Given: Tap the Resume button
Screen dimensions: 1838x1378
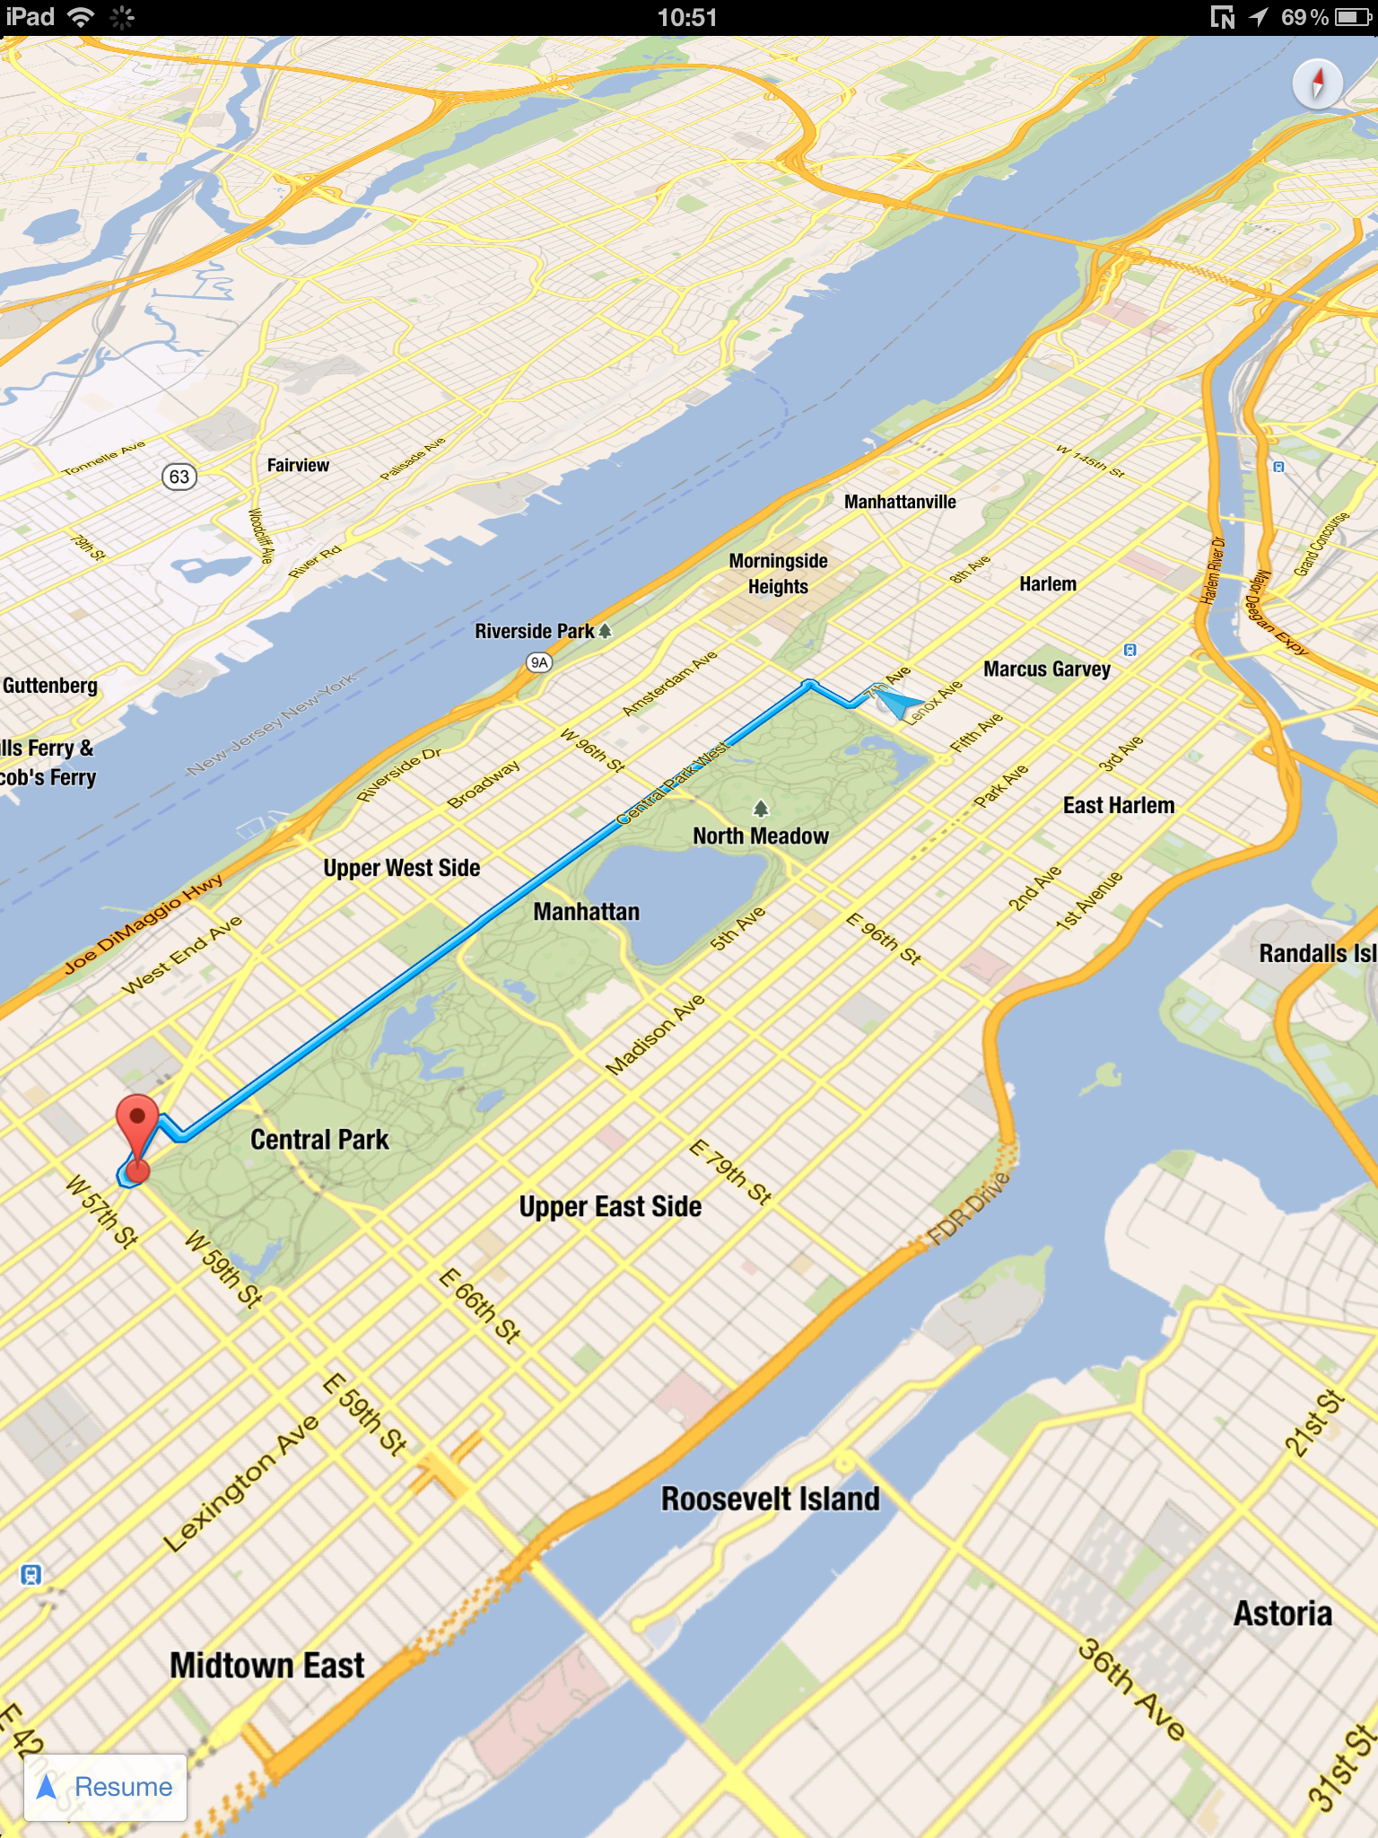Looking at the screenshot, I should pos(105,1787).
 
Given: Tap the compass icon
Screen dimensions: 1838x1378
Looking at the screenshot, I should pos(1317,84).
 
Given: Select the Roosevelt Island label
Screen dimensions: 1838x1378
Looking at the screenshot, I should pos(770,1500).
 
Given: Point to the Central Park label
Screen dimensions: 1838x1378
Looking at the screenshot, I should pos(319,1140).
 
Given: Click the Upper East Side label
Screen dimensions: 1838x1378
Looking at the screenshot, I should pos(610,1207).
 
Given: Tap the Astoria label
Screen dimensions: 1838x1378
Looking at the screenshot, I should pos(1282,1614).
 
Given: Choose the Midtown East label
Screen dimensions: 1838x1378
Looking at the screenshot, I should pos(267,1666).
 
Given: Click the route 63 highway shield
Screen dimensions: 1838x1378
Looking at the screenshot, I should pos(179,476).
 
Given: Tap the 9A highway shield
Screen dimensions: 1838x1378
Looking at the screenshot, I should pos(538,662).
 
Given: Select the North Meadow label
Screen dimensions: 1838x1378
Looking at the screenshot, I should pos(761,836).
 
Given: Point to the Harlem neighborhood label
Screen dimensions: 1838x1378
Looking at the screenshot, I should pos(1047,584).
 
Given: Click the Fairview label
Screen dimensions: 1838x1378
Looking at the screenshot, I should pos(298,465).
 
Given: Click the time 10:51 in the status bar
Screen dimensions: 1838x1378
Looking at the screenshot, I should pos(687,17).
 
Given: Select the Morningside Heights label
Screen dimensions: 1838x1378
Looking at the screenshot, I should pos(778,573).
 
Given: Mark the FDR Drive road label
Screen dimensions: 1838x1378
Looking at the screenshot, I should pos(969,1209).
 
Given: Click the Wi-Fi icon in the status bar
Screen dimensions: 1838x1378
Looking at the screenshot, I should pos(81,17).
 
